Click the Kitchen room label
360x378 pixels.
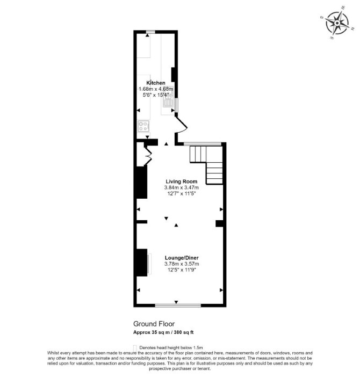pyautogui.click(x=156, y=83)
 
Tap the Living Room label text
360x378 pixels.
pyautogui.click(x=182, y=181)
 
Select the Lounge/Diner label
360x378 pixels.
pyautogui.click(x=182, y=258)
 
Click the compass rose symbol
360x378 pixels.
pyautogui.click(x=337, y=23)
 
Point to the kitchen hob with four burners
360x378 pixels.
pyautogui.click(x=143, y=126)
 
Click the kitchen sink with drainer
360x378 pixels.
pyautogui.click(x=168, y=96)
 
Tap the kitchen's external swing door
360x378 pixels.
pyautogui.click(x=182, y=125)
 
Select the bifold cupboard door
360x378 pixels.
pyautogui.click(x=148, y=156)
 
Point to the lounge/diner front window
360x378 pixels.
pyautogui.click(x=178, y=306)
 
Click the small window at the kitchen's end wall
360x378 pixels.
pyautogui.click(x=150, y=32)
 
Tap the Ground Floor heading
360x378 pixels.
pyautogui.click(x=154, y=324)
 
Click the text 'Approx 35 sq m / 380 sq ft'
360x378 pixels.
pyautogui.click(x=163, y=332)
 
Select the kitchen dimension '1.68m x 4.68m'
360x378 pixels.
pyautogui.click(x=156, y=89)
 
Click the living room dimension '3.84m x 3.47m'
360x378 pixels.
pyautogui.click(x=182, y=187)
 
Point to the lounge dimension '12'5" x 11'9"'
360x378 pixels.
pyautogui.click(x=182, y=270)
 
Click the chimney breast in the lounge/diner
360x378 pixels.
pyautogui.click(x=142, y=263)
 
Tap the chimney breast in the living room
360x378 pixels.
pyautogui.click(x=142, y=182)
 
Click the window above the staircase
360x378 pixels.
pyautogui.click(x=203, y=144)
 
